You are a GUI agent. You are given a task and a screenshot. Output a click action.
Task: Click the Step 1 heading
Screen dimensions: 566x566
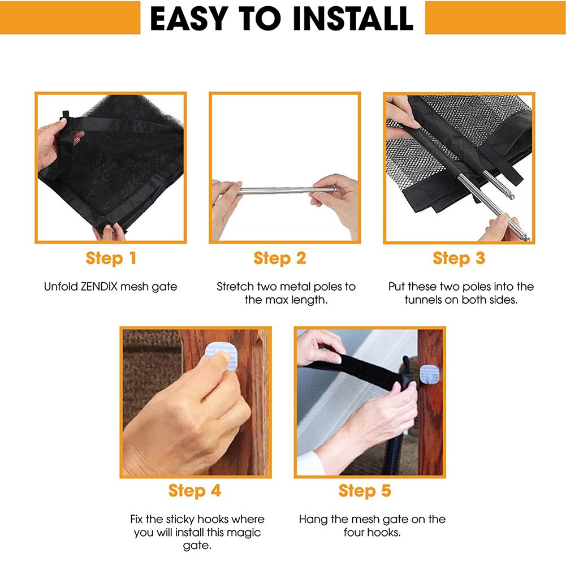click(x=111, y=258)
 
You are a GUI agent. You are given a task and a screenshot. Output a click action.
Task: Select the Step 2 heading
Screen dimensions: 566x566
click(x=280, y=258)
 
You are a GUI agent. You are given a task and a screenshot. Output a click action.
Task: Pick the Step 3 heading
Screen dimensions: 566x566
click(x=459, y=258)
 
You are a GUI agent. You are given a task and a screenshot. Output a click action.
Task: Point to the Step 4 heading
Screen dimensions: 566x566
click(x=195, y=491)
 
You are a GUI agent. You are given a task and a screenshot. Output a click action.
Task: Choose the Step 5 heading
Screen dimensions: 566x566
click(x=365, y=491)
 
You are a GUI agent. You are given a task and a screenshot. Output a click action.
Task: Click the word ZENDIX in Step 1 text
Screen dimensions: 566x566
click(x=100, y=287)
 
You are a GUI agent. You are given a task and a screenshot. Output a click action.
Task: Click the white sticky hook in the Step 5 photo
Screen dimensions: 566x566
click(x=430, y=374)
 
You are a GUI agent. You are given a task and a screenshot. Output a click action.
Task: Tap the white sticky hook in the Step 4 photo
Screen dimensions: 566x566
click(x=220, y=356)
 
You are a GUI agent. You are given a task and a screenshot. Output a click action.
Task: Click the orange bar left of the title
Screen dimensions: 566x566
click(x=70, y=18)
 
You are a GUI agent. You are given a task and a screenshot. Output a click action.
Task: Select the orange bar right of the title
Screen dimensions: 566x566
click(x=495, y=18)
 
